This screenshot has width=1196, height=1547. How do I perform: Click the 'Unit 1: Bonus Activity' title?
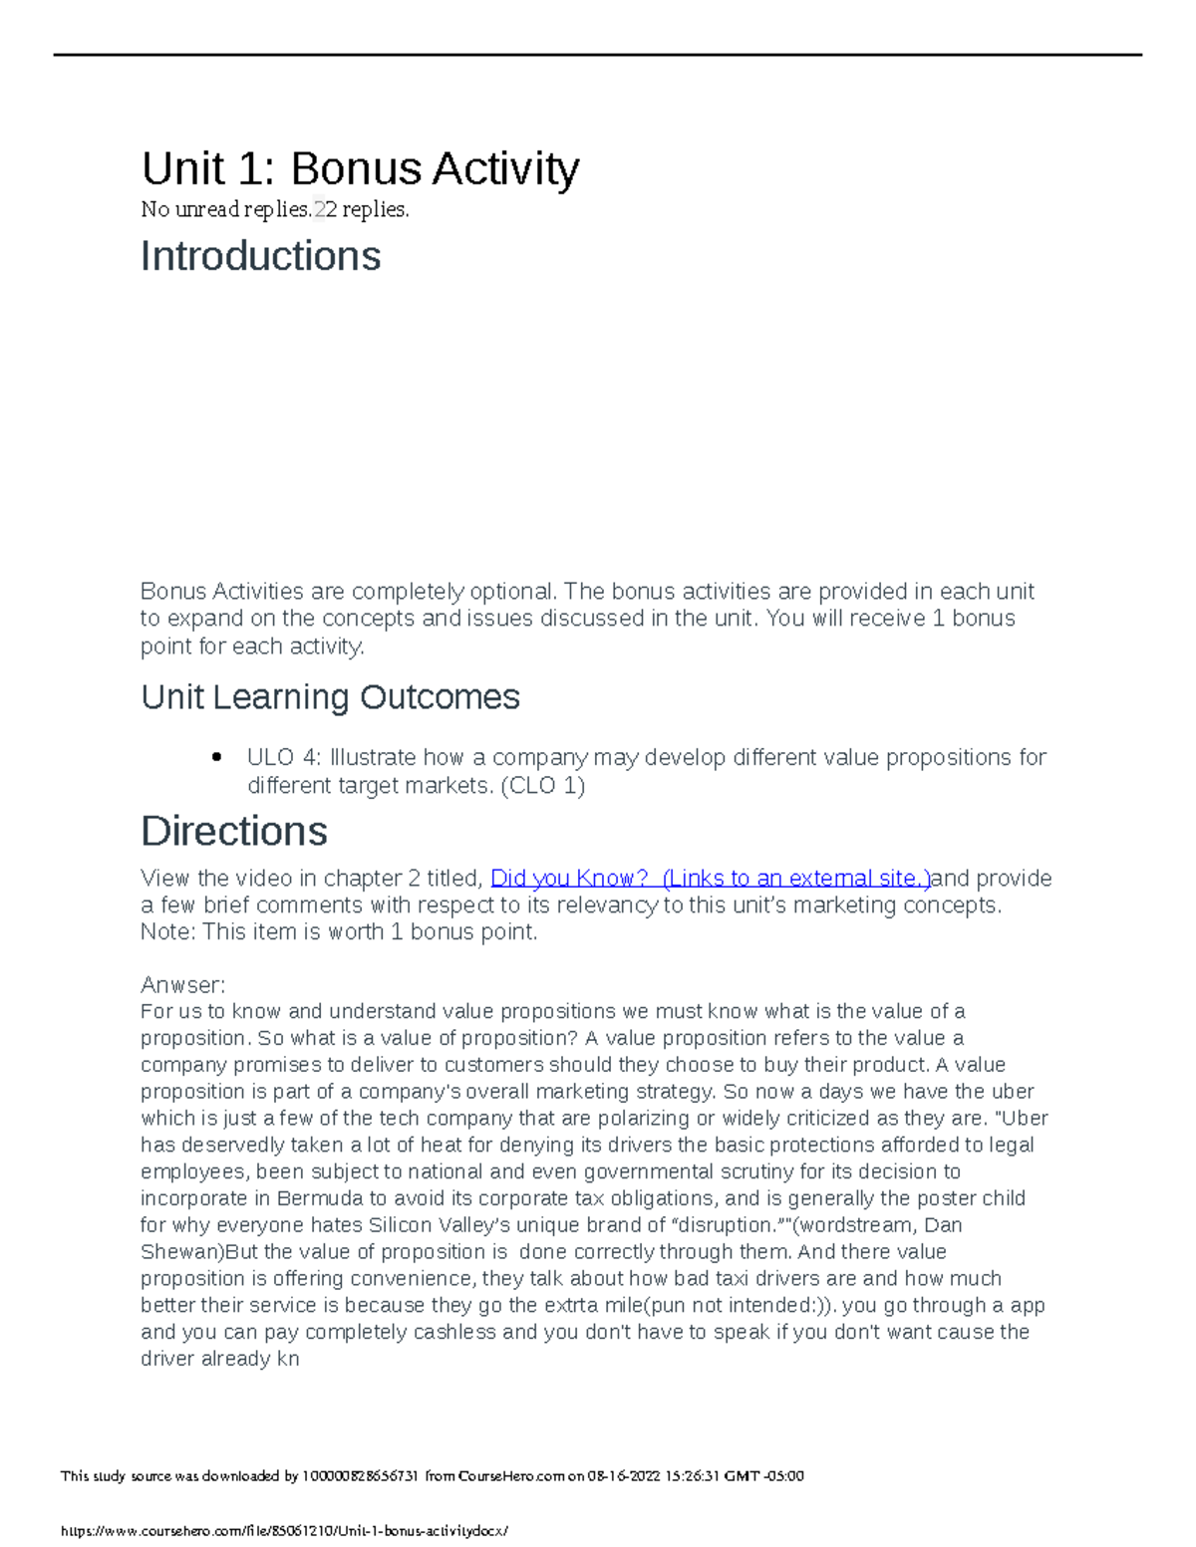click(x=360, y=168)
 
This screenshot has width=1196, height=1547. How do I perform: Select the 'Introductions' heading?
click(x=260, y=256)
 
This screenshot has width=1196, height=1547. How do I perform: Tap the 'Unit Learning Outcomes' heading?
click(x=330, y=696)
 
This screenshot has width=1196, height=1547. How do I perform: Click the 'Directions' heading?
click(x=234, y=831)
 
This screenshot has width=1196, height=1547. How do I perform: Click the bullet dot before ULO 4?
click(x=216, y=758)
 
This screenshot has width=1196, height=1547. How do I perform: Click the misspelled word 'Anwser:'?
click(x=183, y=984)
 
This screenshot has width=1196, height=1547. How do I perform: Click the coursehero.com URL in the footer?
click(x=285, y=1531)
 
